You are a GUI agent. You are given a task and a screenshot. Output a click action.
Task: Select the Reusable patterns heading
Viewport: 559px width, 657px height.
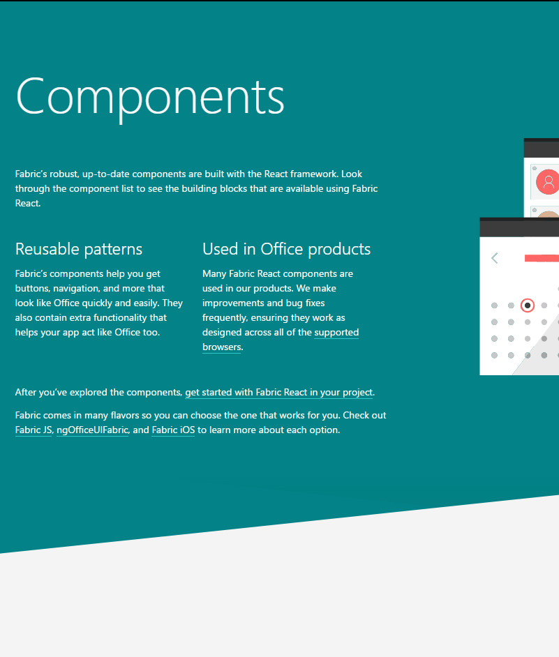click(79, 249)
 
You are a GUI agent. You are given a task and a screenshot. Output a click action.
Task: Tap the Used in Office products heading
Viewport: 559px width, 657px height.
click(286, 249)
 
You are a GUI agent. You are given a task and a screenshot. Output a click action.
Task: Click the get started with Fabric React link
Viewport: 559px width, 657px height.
click(279, 392)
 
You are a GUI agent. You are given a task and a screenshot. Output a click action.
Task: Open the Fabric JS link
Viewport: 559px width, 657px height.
click(33, 430)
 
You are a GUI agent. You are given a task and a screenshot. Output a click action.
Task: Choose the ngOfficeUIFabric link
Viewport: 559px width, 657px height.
click(92, 430)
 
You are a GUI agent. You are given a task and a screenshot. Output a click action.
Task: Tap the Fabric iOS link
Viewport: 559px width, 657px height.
click(173, 430)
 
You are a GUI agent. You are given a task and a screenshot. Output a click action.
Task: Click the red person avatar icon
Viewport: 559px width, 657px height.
click(548, 182)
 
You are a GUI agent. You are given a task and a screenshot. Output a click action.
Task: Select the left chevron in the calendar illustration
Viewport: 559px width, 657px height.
click(494, 258)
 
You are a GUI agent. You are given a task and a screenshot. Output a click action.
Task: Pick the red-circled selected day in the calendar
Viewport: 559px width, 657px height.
click(528, 305)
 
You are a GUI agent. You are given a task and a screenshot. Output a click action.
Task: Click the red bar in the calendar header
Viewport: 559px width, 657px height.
click(542, 258)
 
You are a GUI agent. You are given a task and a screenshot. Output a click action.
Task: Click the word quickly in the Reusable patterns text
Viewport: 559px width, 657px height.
click(98, 303)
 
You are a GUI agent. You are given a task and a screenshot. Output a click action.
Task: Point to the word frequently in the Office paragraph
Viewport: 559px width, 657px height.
click(225, 318)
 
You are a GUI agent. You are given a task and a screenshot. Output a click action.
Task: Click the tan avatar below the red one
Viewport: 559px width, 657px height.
click(548, 214)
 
